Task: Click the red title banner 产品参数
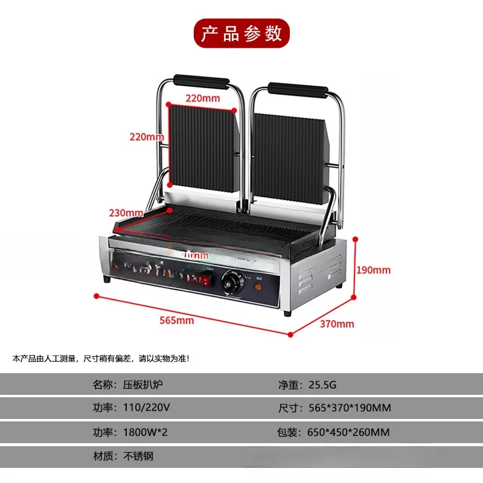point(241,33)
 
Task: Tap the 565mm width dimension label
point(177,321)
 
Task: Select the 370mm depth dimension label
point(337,324)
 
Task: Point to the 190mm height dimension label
point(374,270)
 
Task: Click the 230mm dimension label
point(127,213)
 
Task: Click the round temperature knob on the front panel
point(231,280)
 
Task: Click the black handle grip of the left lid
point(201,81)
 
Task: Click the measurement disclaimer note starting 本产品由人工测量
point(101,359)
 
